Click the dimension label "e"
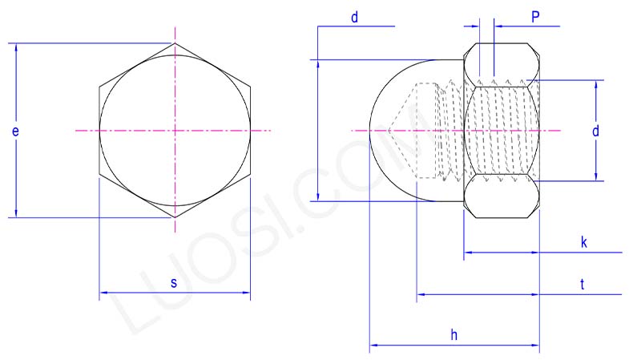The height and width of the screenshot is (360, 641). tap(15, 130)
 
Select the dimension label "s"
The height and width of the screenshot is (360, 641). tap(174, 282)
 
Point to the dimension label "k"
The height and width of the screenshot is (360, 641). tap(584, 242)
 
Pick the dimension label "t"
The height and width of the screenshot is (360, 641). tap(582, 285)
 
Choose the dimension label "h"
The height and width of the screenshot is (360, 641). tap(454, 336)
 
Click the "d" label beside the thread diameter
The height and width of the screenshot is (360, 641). tap(596, 131)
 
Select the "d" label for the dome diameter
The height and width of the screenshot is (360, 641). tap(354, 17)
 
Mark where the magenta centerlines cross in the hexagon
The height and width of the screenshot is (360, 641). tap(175, 130)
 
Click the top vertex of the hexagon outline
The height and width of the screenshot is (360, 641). tap(175, 43)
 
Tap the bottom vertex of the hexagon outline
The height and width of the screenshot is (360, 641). tap(175, 216)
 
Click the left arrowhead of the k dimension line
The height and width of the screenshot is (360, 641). tap(467, 253)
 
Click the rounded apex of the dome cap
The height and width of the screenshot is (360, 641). tap(369, 130)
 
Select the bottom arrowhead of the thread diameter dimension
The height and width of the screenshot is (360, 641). tap(596, 178)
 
